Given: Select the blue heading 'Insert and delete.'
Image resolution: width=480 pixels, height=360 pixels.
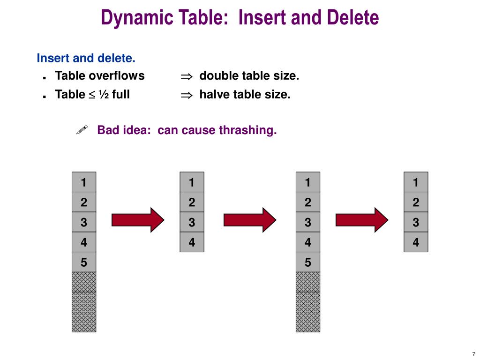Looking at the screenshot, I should (x=86, y=59).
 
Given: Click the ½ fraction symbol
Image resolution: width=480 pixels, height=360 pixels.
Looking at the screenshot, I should (x=104, y=95).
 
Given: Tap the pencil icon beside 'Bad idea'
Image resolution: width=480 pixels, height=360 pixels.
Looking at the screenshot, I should (x=82, y=130).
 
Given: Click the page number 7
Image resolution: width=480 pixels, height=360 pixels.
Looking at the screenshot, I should (x=473, y=354).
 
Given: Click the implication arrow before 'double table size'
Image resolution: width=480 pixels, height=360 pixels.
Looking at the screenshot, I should (x=187, y=76).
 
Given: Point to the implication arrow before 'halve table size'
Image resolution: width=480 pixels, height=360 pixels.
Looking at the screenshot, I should (x=187, y=95).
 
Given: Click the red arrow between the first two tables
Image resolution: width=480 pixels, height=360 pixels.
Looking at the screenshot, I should (x=138, y=219).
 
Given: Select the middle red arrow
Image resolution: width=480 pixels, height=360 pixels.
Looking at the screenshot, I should (x=250, y=219).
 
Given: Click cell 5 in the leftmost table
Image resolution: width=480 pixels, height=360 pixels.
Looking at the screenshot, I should (x=84, y=262).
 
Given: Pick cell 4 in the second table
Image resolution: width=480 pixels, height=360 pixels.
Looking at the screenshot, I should (x=192, y=242).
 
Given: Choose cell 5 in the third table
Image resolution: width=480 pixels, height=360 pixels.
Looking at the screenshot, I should (x=308, y=262).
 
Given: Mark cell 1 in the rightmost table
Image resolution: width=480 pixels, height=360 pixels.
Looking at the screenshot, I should (x=416, y=182).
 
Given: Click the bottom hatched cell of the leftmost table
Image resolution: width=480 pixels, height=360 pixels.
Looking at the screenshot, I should (x=84, y=322).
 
